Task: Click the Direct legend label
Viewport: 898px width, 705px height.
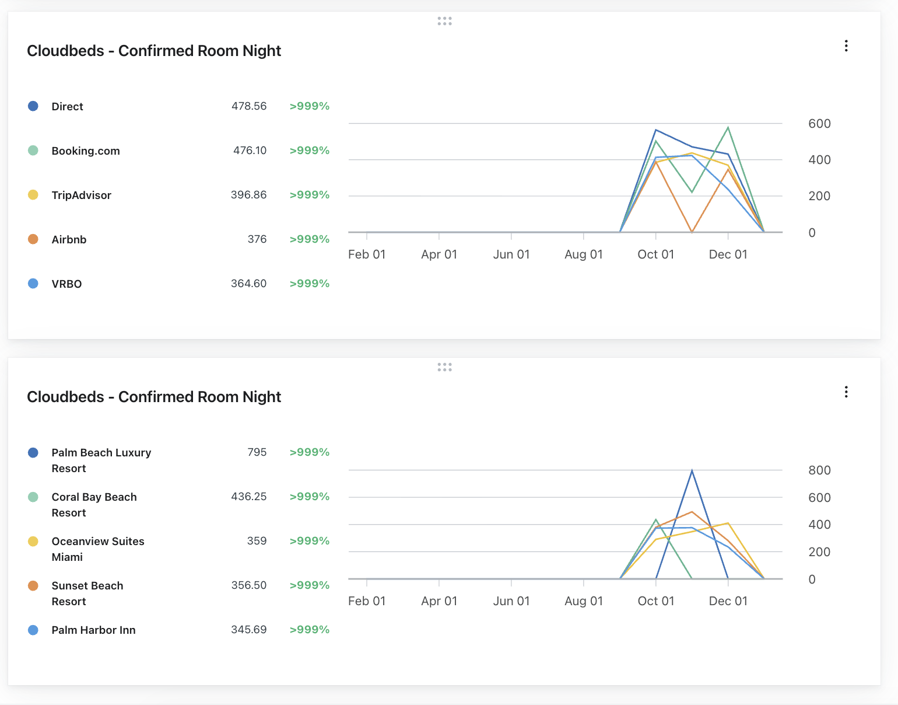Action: (67, 106)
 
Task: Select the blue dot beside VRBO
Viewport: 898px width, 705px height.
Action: (33, 284)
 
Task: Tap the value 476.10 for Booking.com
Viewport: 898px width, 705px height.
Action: (250, 151)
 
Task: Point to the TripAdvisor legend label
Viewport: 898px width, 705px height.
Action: (81, 195)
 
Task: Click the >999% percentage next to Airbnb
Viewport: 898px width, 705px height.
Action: (309, 239)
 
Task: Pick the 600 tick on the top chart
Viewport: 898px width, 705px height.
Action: (819, 124)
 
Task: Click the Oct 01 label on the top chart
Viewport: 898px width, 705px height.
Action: (655, 254)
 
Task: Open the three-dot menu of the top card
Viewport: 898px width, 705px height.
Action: (846, 46)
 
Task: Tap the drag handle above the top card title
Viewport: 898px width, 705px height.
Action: (444, 21)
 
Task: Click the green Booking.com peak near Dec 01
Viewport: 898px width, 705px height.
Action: (728, 128)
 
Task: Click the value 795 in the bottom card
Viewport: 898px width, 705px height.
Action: (257, 452)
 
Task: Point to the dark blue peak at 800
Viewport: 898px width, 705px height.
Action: (692, 470)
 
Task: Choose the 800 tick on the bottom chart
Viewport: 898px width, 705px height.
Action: (819, 470)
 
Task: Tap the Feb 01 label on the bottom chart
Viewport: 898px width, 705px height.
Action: (367, 601)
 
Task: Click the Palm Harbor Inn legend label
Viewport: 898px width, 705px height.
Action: (93, 630)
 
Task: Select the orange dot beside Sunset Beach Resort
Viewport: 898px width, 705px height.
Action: (33, 586)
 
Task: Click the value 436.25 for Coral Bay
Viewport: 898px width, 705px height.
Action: (248, 497)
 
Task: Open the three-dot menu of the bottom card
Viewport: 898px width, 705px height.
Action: (846, 392)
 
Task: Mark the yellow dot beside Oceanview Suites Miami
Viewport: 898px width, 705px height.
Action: (33, 542)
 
